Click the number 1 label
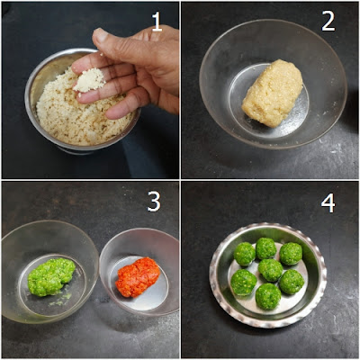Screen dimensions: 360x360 tap(157, 22)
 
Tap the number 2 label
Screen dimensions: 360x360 tap(328, 22)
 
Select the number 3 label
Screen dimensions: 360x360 tap(154, 202)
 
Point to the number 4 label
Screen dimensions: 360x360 tap(328, 203)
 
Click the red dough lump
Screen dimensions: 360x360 tap(138, 276)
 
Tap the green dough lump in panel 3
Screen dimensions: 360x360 tap(51, 277)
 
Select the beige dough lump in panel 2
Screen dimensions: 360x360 tap(273, 93)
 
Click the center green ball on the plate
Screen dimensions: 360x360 tap(271, 270)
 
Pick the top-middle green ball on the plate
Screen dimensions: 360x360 tap(265, 248)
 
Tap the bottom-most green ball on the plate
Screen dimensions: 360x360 tap(267, 296)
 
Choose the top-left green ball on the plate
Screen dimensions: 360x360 tap(245, 254)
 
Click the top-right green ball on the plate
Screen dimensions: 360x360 tap(291, 254)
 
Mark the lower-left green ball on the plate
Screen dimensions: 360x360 tap(243, 282)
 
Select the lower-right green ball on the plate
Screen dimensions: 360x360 tap(292, 282)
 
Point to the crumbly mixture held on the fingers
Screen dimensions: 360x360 tap(89, 81)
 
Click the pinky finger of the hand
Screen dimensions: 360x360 tap(120, 110)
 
